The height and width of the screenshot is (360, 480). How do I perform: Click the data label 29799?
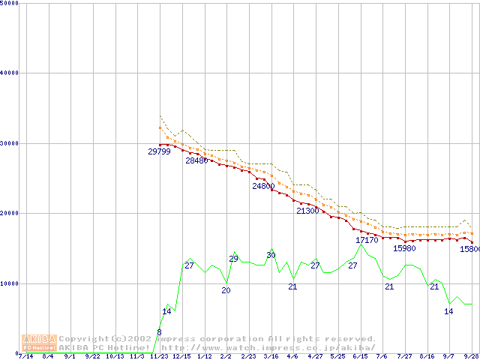click(159, 151)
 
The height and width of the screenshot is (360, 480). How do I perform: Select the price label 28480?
click(196, 160)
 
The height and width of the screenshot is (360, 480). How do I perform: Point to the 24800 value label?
click(263, 186)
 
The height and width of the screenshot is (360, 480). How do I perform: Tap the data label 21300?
click(307, 211)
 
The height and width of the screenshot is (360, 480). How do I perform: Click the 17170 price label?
click(367, 240)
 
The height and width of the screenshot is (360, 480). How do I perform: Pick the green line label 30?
click(271, 256)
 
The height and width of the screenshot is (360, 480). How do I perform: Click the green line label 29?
click(233, 259)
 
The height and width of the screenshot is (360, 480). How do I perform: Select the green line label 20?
click(226, 290)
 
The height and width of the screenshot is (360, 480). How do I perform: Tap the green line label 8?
click(159, 332)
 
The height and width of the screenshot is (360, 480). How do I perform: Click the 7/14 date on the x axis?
click(25, 357)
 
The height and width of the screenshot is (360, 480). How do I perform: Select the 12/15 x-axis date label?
click(181, 357)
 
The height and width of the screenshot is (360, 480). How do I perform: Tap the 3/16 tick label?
click(271, 357)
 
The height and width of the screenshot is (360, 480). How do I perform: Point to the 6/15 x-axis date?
click(360, 357)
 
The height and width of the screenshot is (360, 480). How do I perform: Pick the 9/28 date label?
click(471, 357)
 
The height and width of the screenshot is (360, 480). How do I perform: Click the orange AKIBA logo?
click(39, 343)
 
